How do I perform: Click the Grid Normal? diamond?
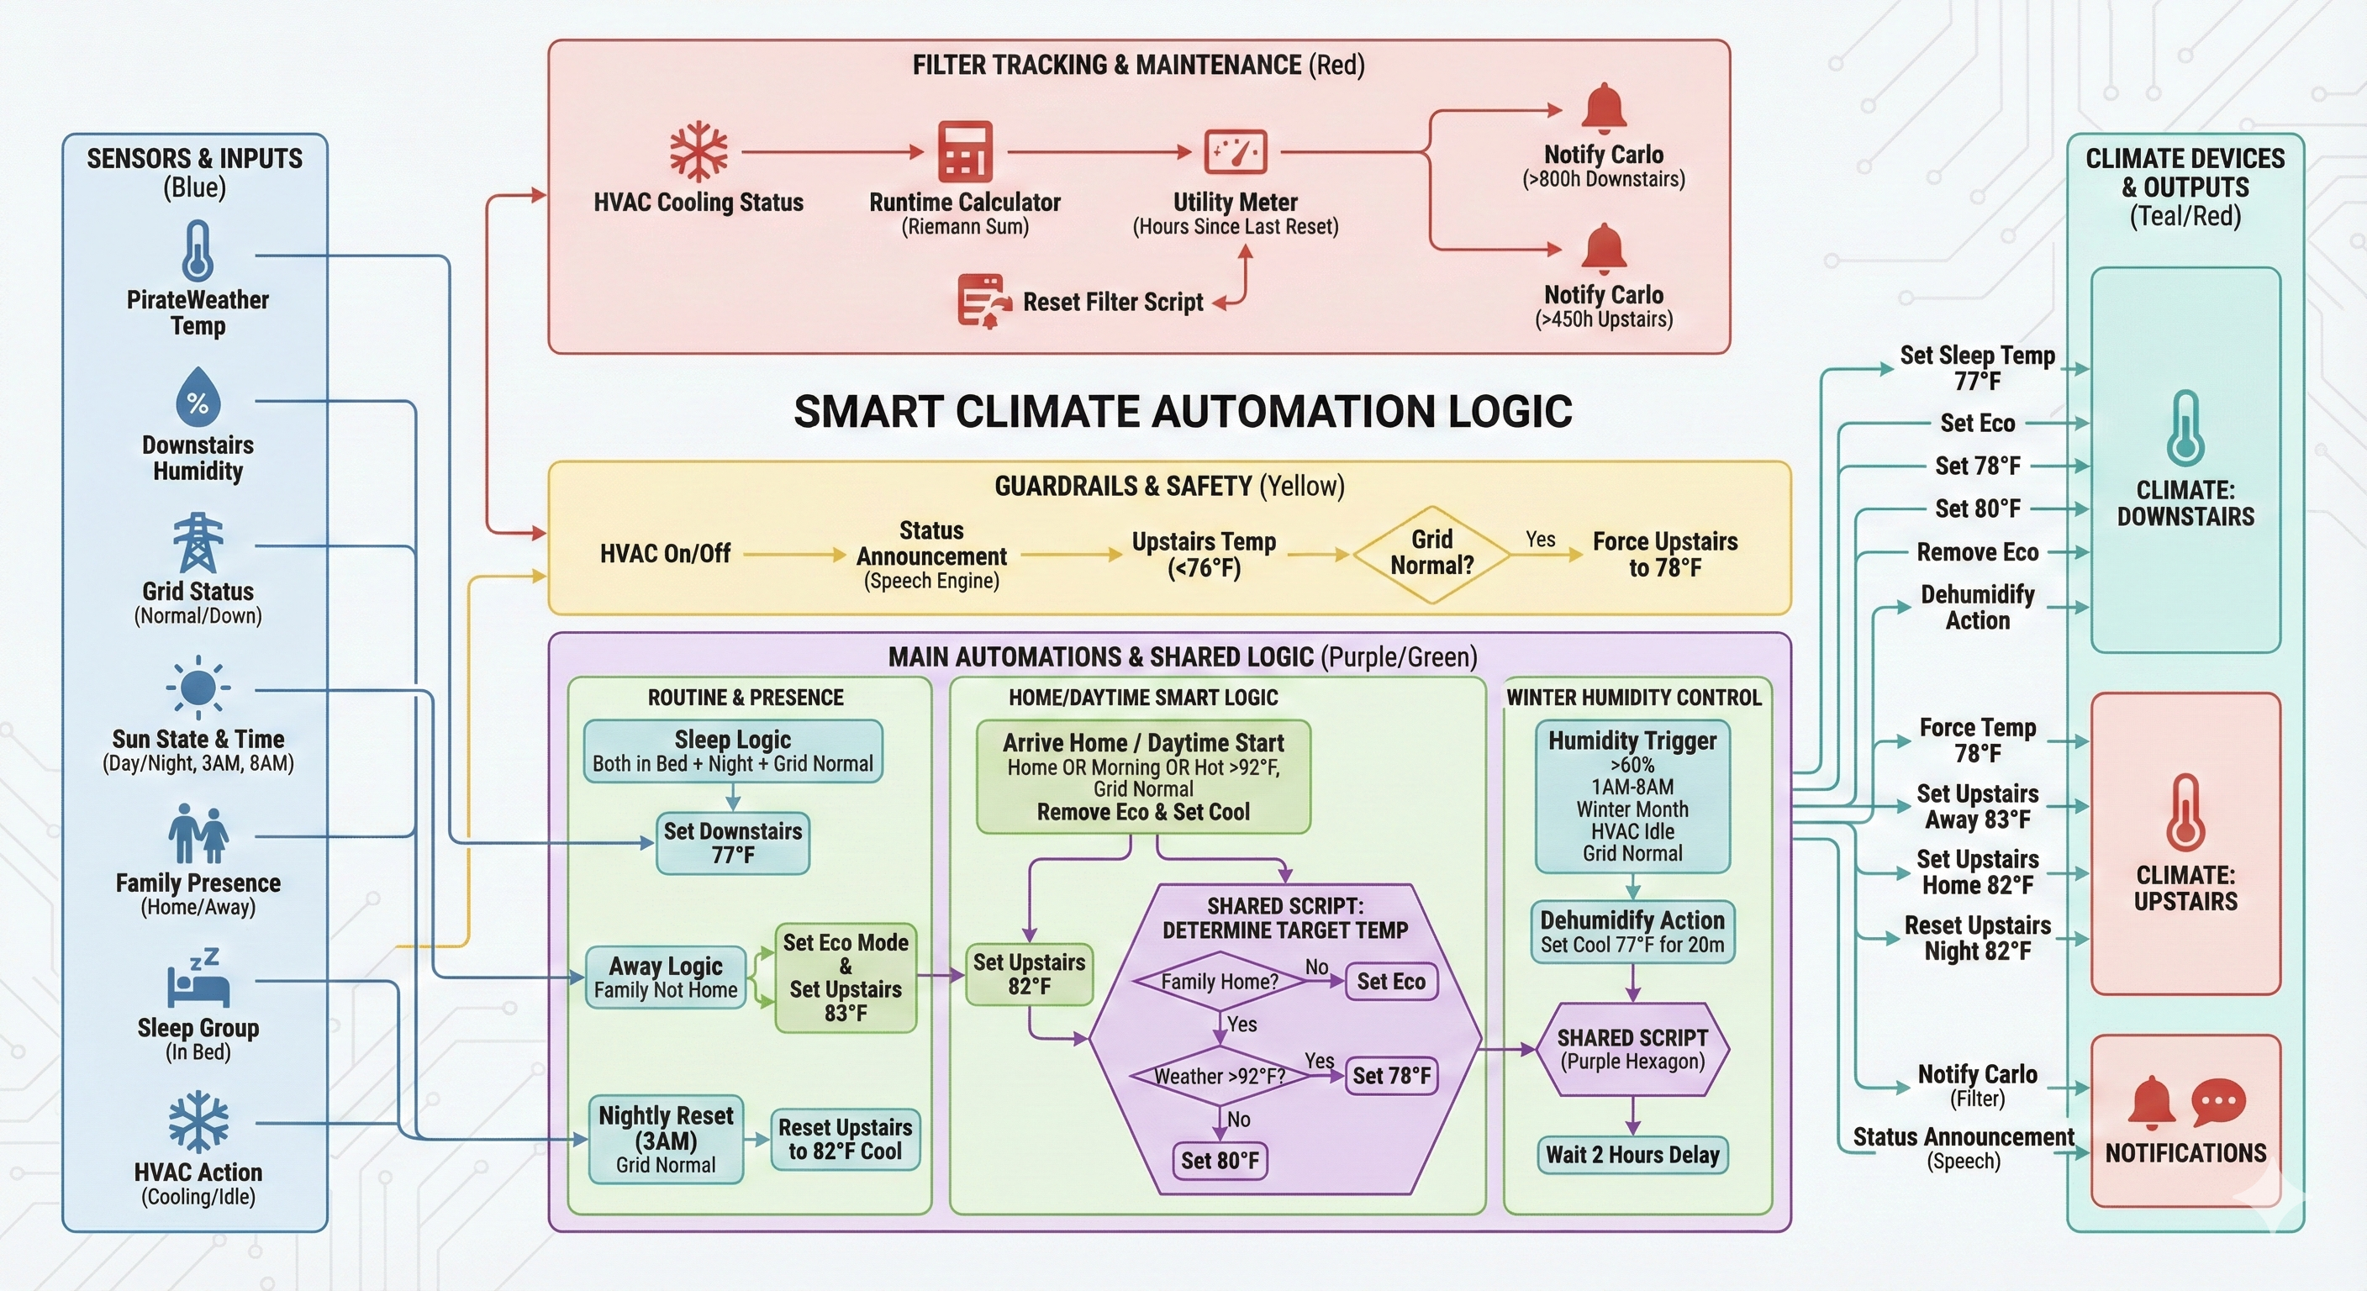click(x=1431, y=554)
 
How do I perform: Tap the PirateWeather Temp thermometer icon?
click(x=198, y=250)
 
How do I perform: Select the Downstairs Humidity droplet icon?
click(x=198, y=398)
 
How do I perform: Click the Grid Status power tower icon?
click(x=198, y=543)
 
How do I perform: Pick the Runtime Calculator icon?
click(x=965, y=151)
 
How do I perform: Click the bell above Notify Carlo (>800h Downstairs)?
click(x=1604, y=109)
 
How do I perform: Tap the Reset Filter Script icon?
click(x=982, y=300)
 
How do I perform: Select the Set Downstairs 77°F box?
click(x=732, y=842)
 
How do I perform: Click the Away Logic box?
click(x=665, y=977)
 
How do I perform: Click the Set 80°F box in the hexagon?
click(x=1220, y=1160)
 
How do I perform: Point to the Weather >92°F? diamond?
click(x=1220, y=1075)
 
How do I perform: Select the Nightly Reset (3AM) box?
click(x=665, y=1139)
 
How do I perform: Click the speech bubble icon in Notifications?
click(x=2218, y=1102)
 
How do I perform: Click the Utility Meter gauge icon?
click(x=1235, y=151)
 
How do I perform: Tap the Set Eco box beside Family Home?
click(x=1390, y=982)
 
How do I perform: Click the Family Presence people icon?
click(x=198, y=834)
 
